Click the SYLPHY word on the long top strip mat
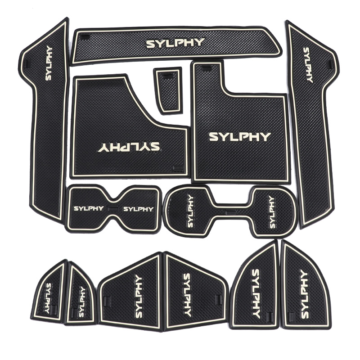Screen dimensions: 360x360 (x=175, y=43)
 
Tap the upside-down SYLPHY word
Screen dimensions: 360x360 (x=128, y=147)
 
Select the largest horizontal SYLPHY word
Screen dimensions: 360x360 (x=240, y=137)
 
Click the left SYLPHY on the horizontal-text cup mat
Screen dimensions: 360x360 (x=88, y=208)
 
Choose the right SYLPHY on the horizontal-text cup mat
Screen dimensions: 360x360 (x=138, y=209)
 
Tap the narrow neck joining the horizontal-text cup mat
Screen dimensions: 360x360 (x=113, y=209)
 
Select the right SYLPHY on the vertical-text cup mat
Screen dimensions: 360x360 (x=271, y=211)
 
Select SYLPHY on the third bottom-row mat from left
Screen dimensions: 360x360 (x=138, y=297)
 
